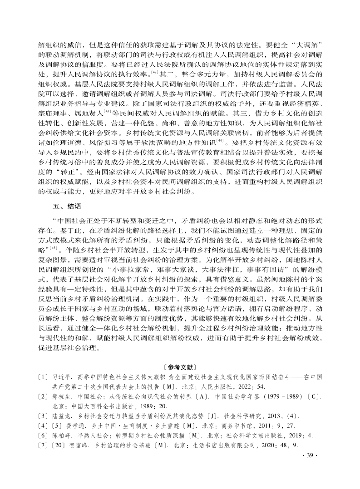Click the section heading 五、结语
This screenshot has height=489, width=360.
67,206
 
